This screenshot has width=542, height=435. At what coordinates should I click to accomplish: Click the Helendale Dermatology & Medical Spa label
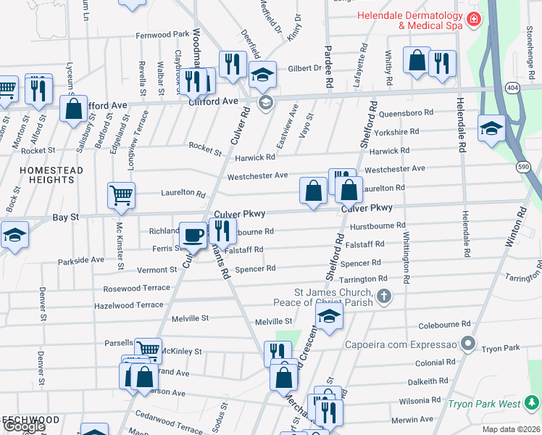click(409, 20)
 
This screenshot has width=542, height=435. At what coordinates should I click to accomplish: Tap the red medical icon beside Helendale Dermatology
click(473, 18)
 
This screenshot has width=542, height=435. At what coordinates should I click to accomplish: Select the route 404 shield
click(512, 87)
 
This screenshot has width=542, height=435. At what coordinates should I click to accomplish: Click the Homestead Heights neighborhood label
click(41, 175)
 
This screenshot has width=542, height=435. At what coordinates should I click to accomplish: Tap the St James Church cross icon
click(384, 296)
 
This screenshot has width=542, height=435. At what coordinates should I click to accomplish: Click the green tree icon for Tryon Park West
click(533, 402)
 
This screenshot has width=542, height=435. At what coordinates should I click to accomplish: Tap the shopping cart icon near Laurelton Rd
click(121, 194)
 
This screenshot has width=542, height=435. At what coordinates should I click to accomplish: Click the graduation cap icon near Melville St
click(329, 316)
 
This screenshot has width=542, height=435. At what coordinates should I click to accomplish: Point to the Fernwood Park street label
click(162, 35)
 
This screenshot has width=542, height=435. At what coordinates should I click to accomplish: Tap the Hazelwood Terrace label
click(129, 306)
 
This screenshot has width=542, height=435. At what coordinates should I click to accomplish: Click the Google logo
click(24, 426)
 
